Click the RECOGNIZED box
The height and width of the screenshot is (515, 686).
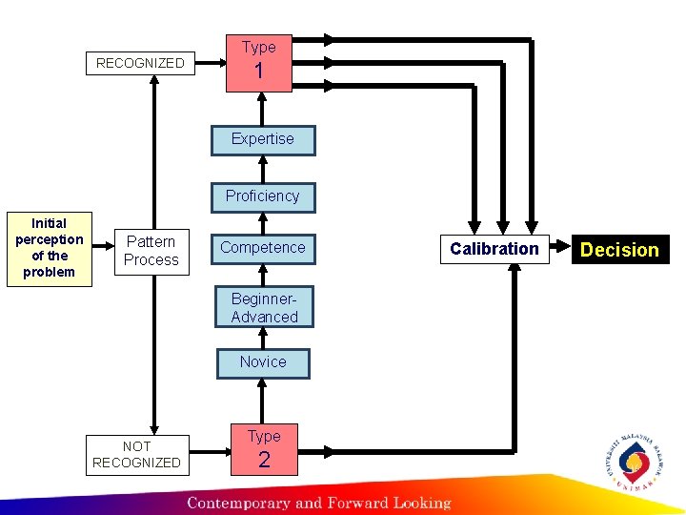tap(141, 63)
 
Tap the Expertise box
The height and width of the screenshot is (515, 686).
tap(262, 139)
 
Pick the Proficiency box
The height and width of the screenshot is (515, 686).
tap(262, 196)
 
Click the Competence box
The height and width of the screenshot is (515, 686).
tap(262, 248)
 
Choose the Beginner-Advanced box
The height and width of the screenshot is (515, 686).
tap(264, 308)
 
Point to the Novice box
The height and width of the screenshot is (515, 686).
tap(262, 362)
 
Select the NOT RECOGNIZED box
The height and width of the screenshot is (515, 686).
tap(136, 454)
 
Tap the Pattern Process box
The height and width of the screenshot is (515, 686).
tap(151, 251)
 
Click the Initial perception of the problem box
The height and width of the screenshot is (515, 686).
tap(50, 248)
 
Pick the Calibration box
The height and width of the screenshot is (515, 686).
tap(494, 249)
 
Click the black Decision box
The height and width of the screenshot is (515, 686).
tap(619, 250)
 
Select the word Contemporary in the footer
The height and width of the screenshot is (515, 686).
tap(238, 503)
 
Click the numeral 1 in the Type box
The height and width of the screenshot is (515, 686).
tap(258, 72)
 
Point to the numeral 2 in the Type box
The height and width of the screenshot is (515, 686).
tap(264, 460)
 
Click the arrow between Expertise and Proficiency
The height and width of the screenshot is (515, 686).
tap(262, 168)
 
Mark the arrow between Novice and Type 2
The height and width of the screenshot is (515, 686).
tap(262, 401)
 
